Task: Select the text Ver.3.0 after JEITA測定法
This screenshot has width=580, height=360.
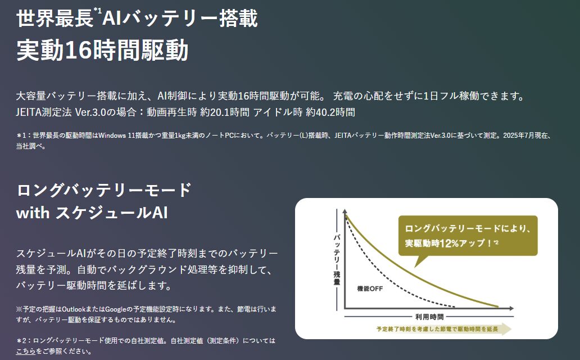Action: pos(92,112)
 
